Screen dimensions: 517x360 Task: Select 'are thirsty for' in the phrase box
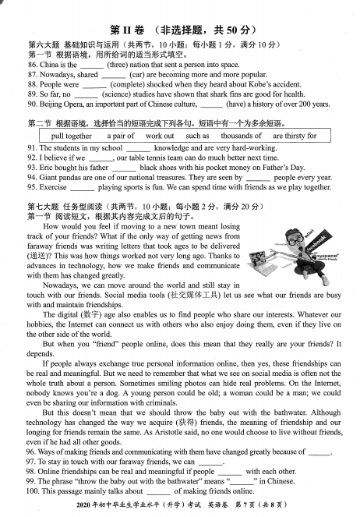(x=290, y=136)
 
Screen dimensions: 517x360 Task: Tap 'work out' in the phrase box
(x=160, y=136)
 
